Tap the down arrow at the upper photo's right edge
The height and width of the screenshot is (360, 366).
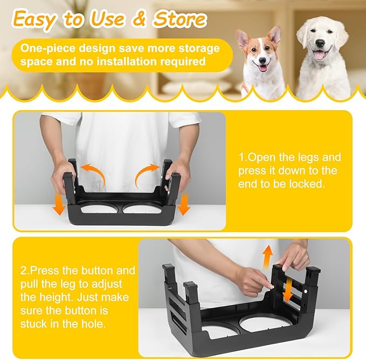[184, 204]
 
